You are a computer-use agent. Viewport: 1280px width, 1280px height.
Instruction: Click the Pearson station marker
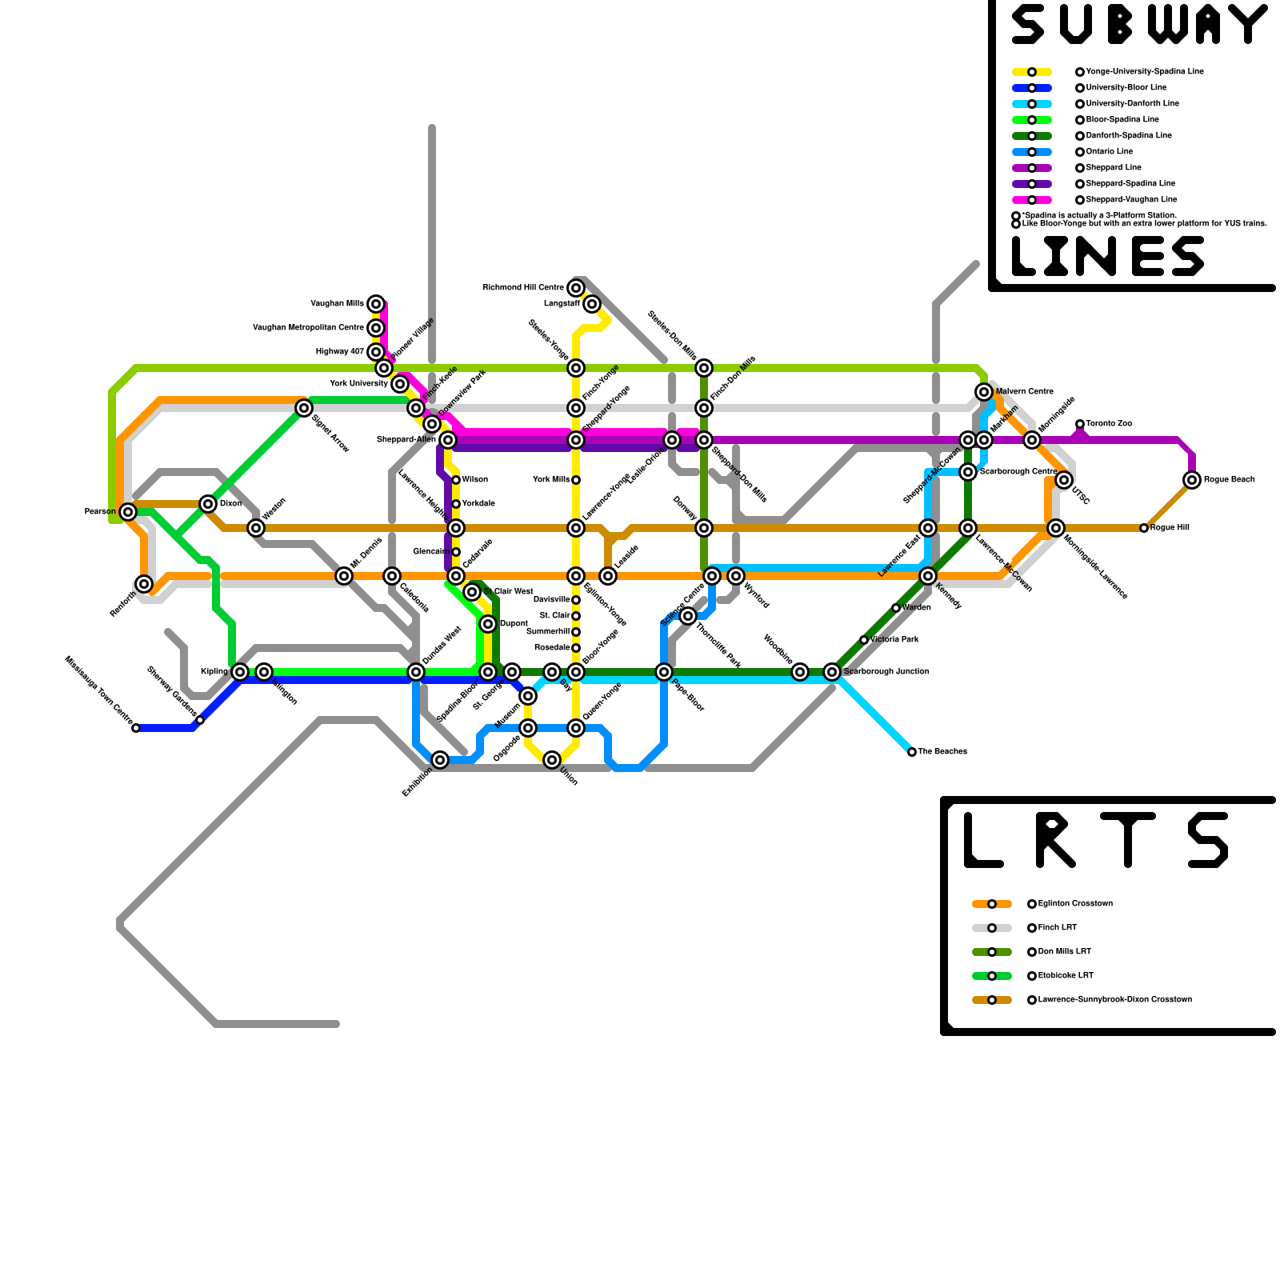[x=128, y=512]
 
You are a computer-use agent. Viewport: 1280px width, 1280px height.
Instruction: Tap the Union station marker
[x=552, y=760]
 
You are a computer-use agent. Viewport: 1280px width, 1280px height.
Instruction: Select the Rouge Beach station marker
[x=1192, y=480]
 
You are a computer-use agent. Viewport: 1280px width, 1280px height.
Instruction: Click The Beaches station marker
[x=912, y=752]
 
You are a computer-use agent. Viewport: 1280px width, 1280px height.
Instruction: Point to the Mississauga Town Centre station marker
[x=136, y=728]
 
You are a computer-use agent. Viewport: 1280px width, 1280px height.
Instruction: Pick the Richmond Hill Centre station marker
[x=576, y=288]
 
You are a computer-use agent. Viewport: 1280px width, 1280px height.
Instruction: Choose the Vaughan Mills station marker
[x=376, y=304]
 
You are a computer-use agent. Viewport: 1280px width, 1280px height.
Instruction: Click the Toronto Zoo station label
[x=1109, y=424]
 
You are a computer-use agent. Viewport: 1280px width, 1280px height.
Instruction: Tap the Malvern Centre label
[x=1025, y=392]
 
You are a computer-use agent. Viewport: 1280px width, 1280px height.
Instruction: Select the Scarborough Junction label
[x=886, y=672]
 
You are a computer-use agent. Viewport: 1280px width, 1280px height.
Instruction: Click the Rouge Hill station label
[x=1170, y=528]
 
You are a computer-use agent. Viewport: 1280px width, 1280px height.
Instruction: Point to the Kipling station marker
[x=240, y=672]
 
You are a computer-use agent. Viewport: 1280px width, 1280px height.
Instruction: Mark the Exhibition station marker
[x=440, y=760]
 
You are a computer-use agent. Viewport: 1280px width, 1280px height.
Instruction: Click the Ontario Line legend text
[x=1110, y=152]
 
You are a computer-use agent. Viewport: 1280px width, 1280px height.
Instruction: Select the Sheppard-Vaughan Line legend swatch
[x=1032, y=200]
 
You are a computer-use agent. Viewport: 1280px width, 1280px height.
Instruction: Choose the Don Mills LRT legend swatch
[x=992, y=952]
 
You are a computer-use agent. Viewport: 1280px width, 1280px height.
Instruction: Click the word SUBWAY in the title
[x=1139, y=26]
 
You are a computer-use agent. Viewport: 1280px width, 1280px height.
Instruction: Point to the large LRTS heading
[x=1096, y=840]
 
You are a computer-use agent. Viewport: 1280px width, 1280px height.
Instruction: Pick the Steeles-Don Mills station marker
[x=704, y=368]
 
